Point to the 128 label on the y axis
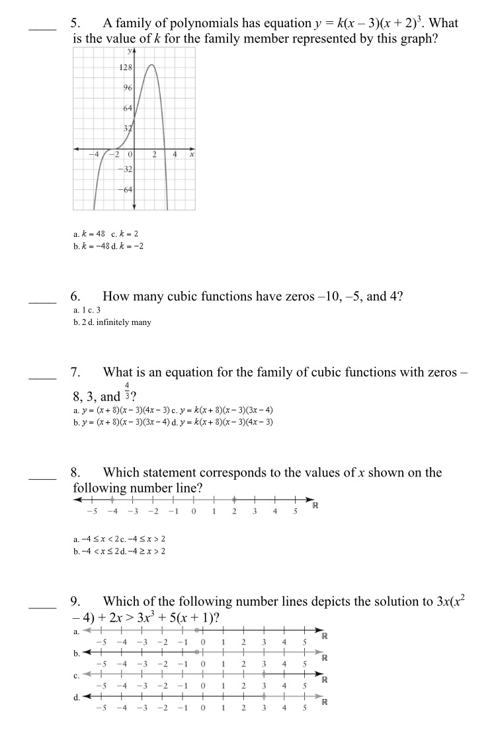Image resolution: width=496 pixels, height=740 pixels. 125,68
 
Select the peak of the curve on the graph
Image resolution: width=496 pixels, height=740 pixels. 151,65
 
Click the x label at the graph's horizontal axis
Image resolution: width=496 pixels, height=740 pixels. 191,155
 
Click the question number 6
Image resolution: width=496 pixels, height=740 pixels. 75,297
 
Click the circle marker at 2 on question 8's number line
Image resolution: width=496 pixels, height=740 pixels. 234,500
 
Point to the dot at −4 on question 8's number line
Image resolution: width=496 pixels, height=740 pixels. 112,500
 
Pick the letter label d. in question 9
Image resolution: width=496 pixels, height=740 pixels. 76,696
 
